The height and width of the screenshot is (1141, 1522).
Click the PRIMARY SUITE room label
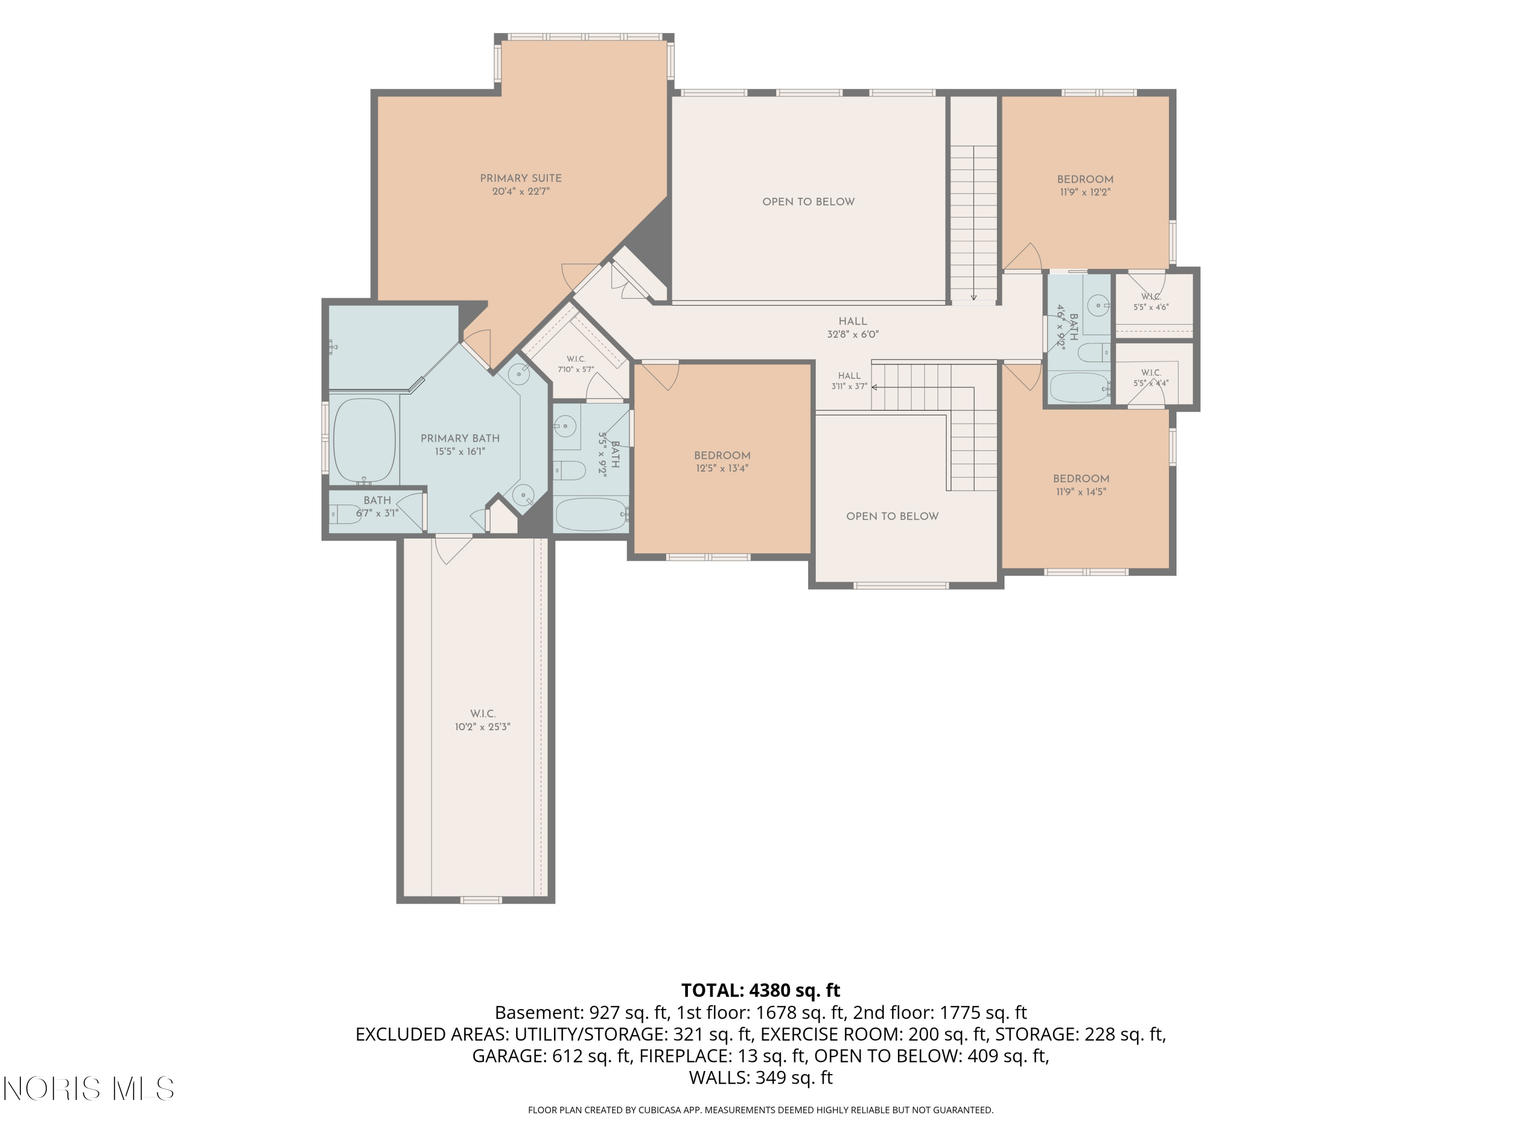click(x=521, y=178)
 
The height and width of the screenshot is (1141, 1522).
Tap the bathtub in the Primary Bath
click(x=364, y=440)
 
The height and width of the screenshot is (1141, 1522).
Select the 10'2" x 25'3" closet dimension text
click(x=482, y=727)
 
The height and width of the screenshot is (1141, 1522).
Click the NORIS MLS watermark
click(x=89, y=1089)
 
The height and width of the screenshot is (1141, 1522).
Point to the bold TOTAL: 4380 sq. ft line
click(x=760, y=990)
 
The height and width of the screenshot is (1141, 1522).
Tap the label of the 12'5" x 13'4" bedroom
click(x=722, y=455)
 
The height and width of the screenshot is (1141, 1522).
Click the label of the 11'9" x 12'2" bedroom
click(x=1085, y=180)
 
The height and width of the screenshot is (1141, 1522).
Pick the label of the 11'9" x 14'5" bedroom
click(x=1081, y=479)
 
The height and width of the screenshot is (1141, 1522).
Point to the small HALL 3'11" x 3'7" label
click(x=849, y=381)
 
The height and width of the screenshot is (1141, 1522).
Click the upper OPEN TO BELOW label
click(x=809, y=201)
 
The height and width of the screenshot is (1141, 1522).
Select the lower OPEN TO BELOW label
click(x=892, y=517)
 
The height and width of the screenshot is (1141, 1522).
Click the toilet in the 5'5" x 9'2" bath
click(x=570, y=471)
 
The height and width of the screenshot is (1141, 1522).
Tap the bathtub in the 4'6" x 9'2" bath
click(x=1080, y=388)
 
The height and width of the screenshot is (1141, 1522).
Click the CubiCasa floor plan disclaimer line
click(x=760, y=1110)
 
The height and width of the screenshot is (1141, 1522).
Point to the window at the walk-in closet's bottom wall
click(x=481, y=900)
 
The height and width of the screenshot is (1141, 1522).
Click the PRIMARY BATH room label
click(x=460, y=438)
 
